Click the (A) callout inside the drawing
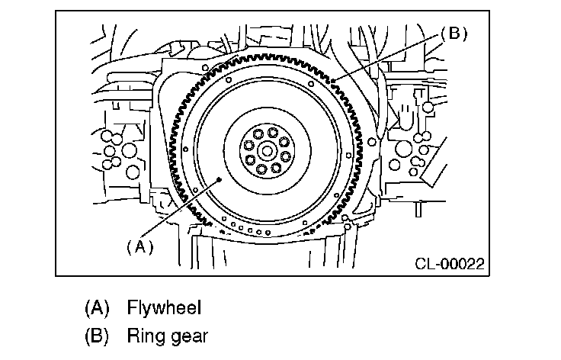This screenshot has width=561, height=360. click(139, 246)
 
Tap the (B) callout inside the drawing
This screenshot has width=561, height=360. click(453, 34)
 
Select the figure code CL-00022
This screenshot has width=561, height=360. click(450, 264)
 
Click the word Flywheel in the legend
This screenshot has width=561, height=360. click(164, 308)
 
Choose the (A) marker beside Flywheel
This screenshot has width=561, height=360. click(97, 308)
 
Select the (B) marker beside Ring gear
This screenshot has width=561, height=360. click(97, 336)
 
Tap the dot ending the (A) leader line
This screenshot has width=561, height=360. click(220, 179)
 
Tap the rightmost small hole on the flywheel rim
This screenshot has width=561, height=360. click(371, 140)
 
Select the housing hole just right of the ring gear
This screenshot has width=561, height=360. click(371, 140)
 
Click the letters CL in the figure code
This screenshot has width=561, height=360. click(425, 264)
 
